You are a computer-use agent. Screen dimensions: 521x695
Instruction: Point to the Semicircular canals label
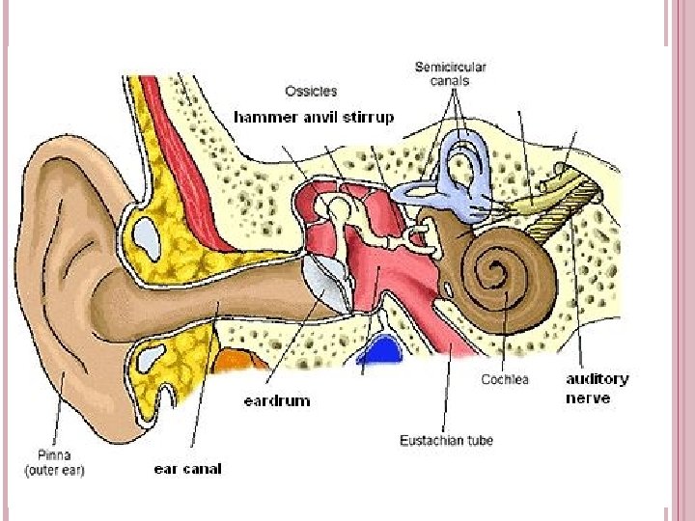450,74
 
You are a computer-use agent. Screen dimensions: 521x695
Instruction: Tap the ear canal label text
187,469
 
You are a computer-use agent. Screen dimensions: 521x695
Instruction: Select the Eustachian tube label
446,440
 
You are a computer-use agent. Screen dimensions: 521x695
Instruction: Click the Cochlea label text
505,379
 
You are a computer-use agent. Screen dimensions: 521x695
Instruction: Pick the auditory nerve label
596,388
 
